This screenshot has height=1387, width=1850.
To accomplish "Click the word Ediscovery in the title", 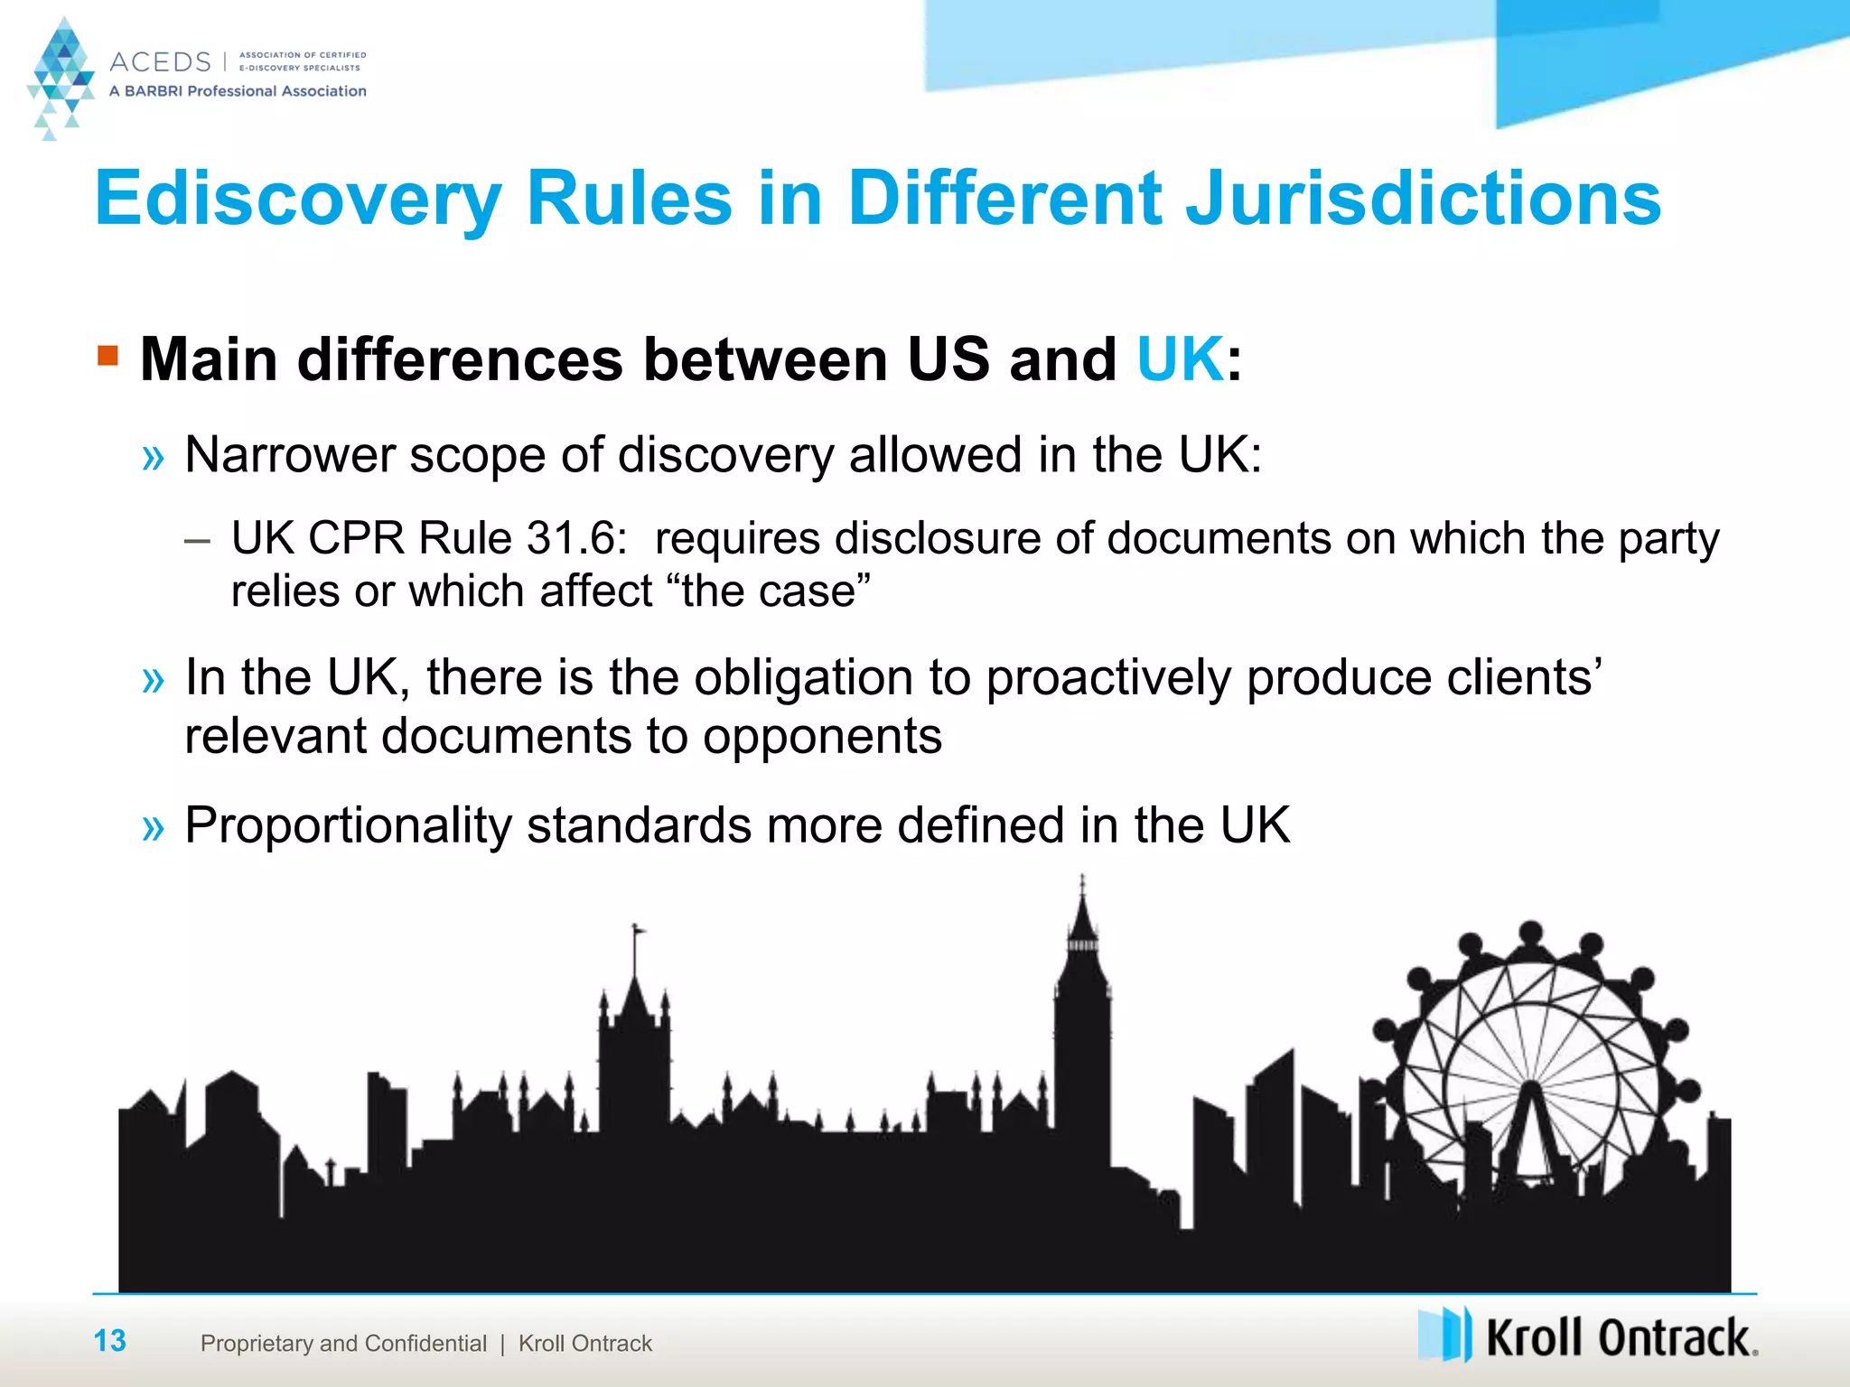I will [298, 200].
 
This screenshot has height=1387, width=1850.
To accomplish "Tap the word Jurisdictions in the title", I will [1423, 200].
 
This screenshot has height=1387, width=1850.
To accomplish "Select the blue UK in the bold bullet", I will [1180, 359].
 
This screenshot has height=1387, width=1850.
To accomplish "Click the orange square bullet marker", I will [108, 355].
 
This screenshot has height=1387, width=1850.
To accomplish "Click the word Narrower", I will [289, 454].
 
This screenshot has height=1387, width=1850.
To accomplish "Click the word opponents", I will [822, 736].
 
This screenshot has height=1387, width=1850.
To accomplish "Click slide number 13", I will [110, 1341].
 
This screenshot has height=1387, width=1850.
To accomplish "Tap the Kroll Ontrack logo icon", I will [1444, 1335].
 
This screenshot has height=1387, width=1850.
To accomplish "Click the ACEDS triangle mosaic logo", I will [60, 77].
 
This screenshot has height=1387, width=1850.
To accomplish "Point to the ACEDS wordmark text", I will [160, 62].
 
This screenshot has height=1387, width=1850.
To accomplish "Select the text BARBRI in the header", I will [154, 91].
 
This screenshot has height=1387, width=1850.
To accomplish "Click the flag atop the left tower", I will [639, 927].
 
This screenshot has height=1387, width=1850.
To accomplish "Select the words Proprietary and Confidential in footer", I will [343, 1344].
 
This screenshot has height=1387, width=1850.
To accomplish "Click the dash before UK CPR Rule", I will [197, 542].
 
